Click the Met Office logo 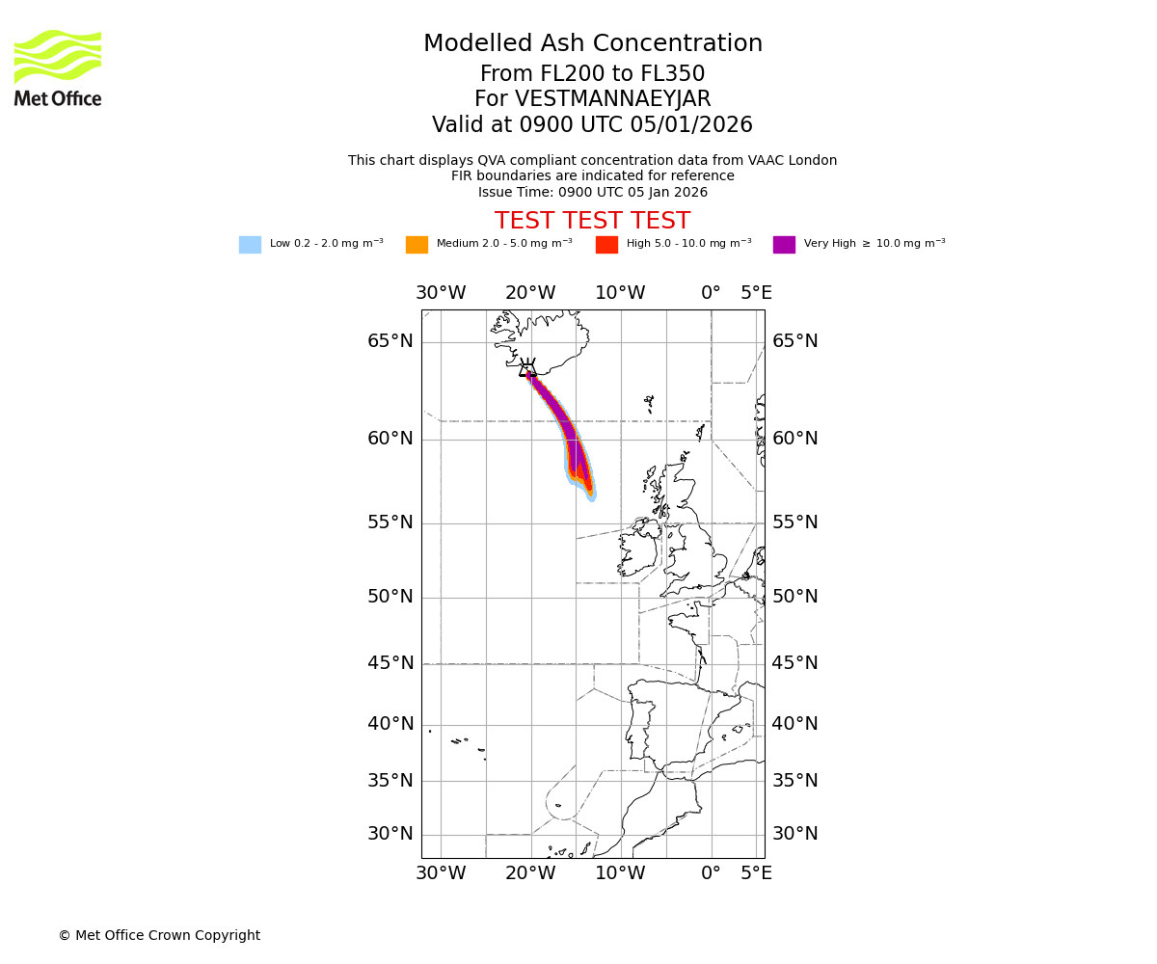point(58,67)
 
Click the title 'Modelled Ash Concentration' point(593,44)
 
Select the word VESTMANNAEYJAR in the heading point(613,99)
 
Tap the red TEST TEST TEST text point(592,222)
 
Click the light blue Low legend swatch point(250,245)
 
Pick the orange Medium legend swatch point(417,245)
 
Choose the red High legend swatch point(606,245)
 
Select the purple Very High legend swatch point(784,245)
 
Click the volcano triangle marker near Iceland point(527,369)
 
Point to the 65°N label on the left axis point(390,341)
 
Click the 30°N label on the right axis point(794,834)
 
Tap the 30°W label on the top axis point(441,293)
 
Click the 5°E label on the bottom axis point(756,873)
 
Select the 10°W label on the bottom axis point(620,873)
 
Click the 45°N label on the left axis point(390,663)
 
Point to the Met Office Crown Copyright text point(159,935)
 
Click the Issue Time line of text point(592,192)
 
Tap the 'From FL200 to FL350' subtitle point(592,74)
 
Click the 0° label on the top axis point(711,293)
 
